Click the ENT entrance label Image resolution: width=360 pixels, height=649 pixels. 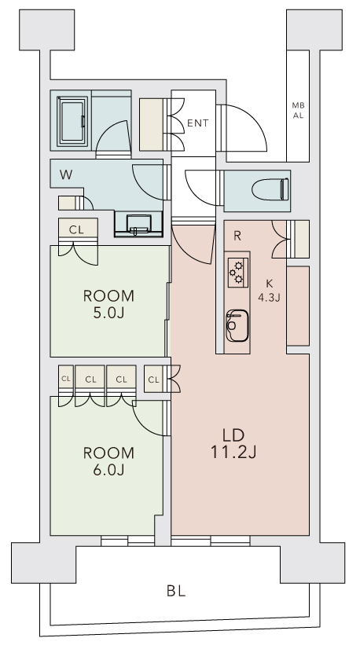198,123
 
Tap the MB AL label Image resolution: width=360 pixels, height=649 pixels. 298,110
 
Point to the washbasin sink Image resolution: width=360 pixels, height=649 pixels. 138,222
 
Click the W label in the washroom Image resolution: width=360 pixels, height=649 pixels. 68,174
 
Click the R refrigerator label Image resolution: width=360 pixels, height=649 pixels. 237,235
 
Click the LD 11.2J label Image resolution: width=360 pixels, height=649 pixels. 233,443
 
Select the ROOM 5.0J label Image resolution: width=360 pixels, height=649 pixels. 108,305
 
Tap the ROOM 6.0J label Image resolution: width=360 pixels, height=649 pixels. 108,461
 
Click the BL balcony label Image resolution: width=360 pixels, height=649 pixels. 176,590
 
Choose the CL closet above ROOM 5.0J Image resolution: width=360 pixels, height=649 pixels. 76,230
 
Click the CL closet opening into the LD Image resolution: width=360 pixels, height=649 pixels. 154,380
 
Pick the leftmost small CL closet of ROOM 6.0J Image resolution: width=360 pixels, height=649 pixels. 65,379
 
